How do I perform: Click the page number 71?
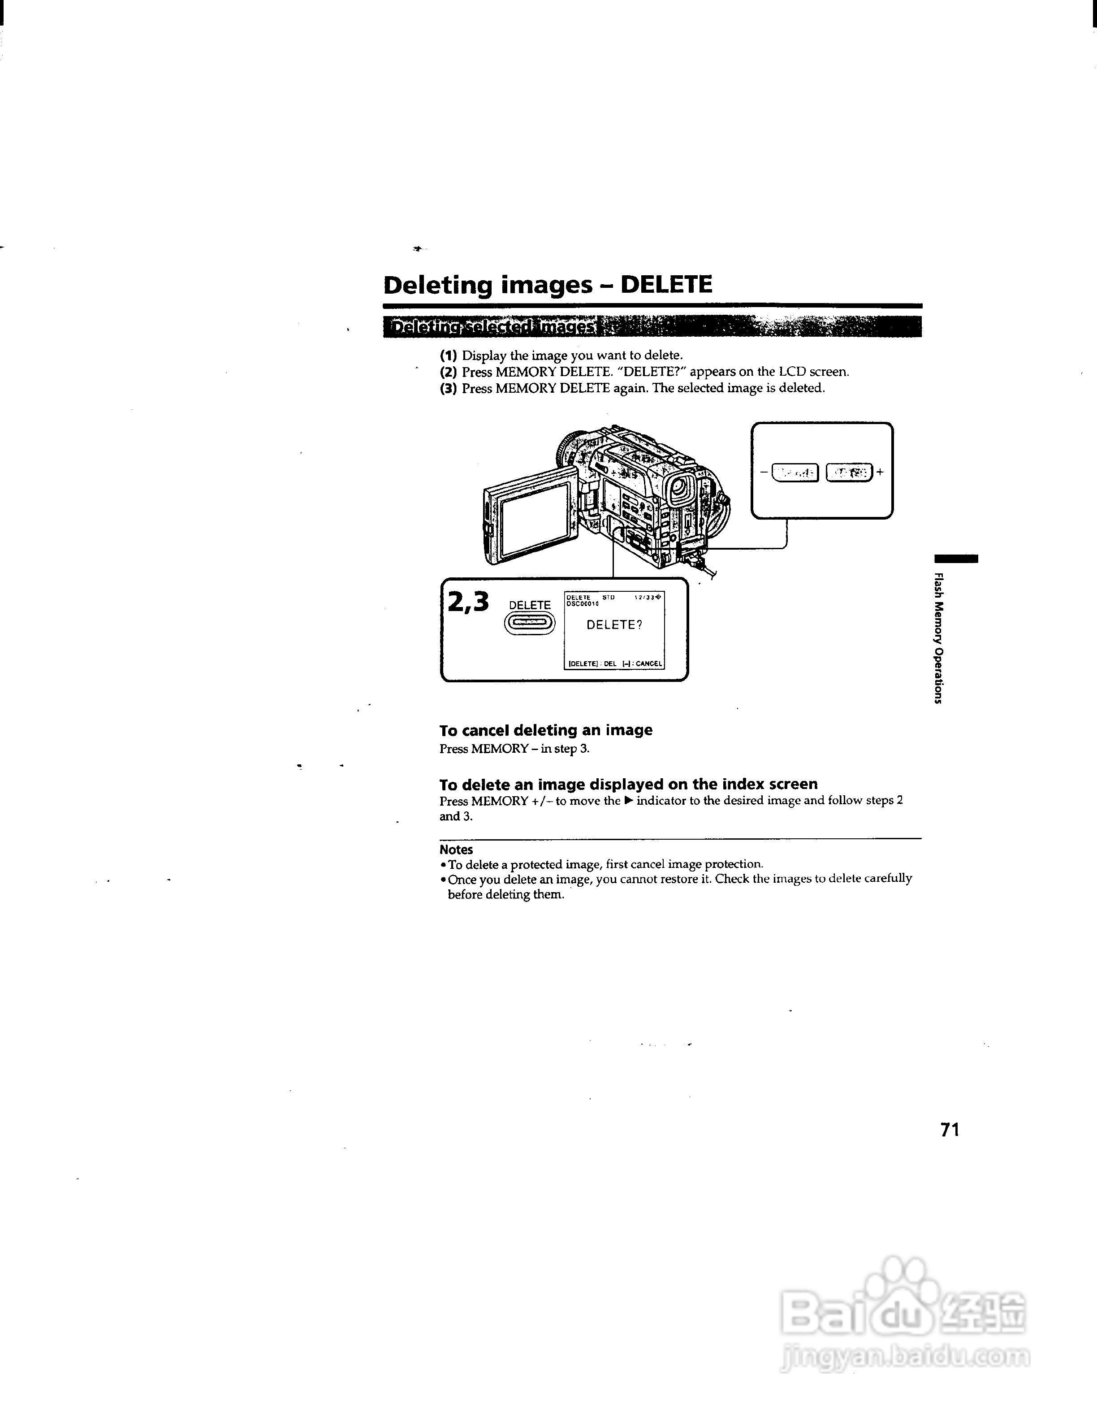pos(950,1130)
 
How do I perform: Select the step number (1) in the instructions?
pos(449,356)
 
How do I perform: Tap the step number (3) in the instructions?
pos(449,388)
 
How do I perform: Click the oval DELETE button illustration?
pos(530,624)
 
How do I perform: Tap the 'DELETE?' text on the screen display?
pos(614,624)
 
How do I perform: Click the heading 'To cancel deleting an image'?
pos(545,730)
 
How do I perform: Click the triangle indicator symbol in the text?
pos(628,801)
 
